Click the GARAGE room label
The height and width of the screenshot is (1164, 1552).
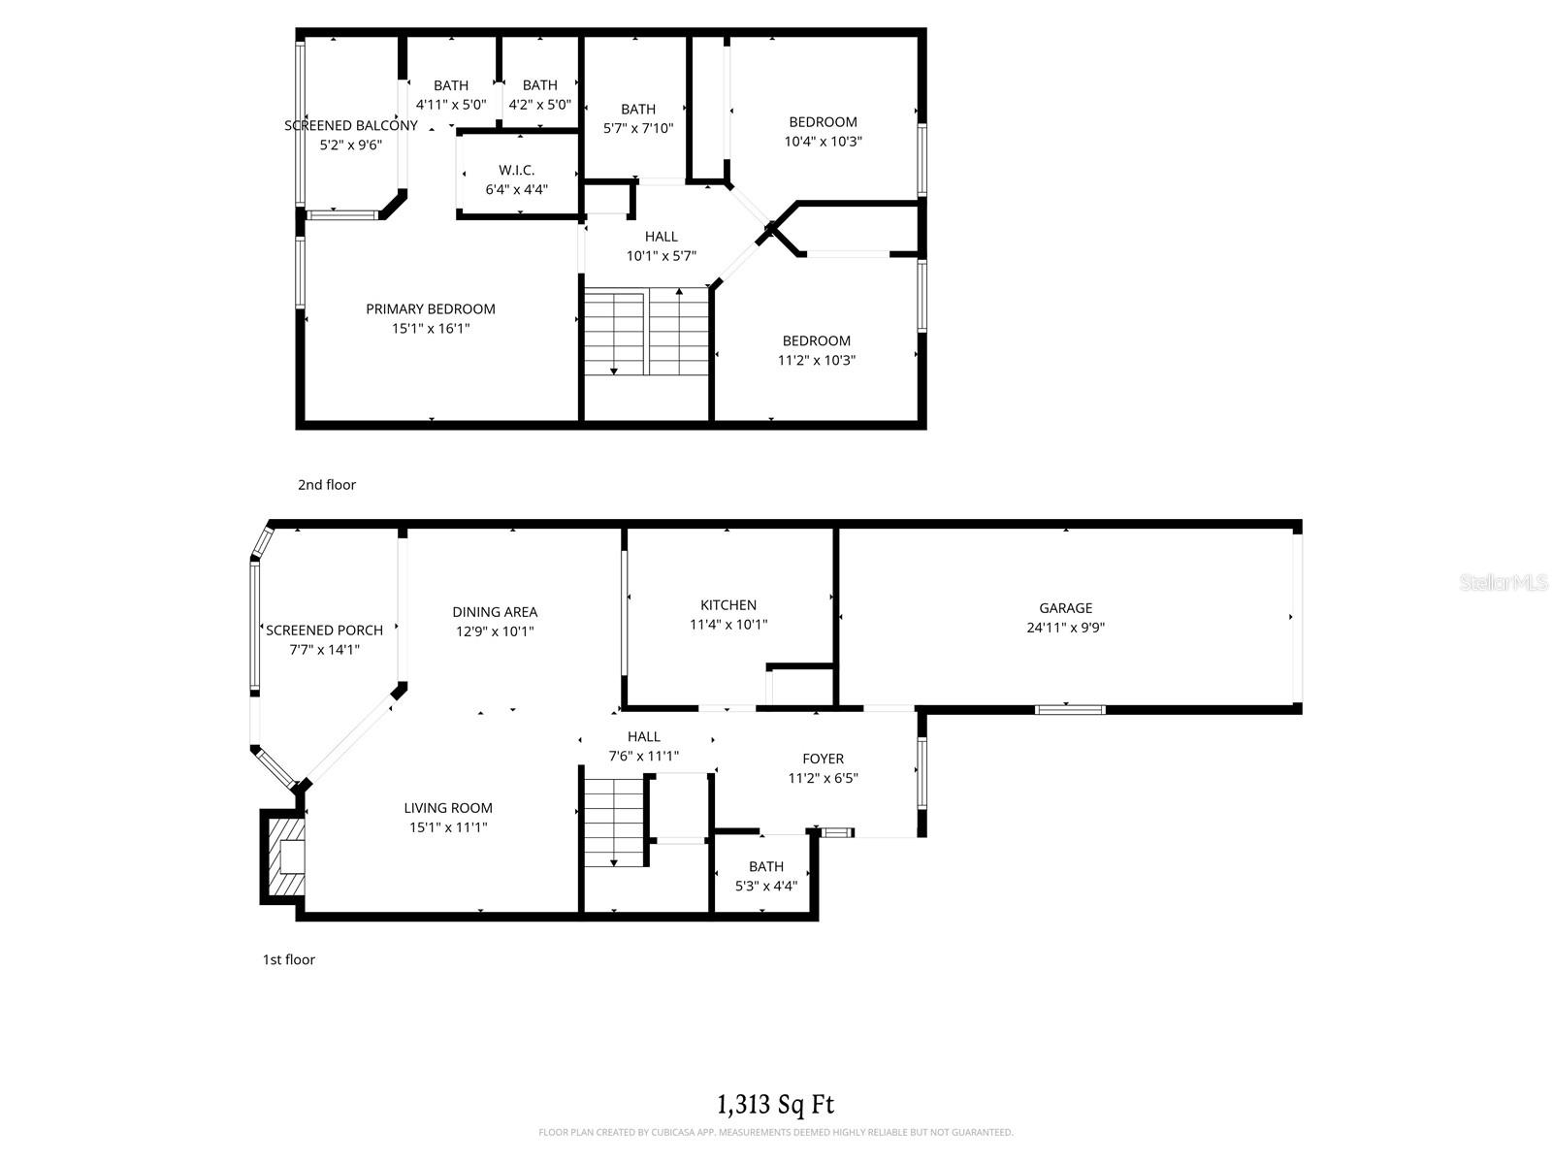(1065, 608)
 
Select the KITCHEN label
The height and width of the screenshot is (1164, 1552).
(728, 605)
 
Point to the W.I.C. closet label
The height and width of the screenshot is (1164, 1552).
(517, 170)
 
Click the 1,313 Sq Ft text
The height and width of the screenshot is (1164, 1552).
(775, 1104)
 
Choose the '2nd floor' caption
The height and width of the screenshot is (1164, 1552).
(327, 485)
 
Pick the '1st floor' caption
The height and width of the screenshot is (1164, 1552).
(289, 959)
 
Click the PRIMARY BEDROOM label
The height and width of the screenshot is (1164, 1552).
(431, 309)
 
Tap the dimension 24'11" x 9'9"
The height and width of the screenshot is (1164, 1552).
(1065, 628)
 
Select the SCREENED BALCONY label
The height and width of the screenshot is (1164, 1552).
(351, 125)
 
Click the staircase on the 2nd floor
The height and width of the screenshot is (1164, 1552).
(646, 332)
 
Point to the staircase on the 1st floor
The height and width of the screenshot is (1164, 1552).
(615, 817)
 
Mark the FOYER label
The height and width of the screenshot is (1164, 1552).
(823, 759)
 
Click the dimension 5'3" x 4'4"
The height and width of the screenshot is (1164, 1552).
(765, 886)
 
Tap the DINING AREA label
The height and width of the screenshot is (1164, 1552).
(495, 612)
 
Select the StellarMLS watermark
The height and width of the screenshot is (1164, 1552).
(1503, 582)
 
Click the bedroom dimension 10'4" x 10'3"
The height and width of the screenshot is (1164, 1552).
(823, 142)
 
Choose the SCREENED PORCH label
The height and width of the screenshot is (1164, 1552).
(325, 630)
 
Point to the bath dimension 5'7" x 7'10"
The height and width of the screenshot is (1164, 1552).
(637, 128)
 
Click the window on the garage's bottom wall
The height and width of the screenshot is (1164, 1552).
(1070, 710)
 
